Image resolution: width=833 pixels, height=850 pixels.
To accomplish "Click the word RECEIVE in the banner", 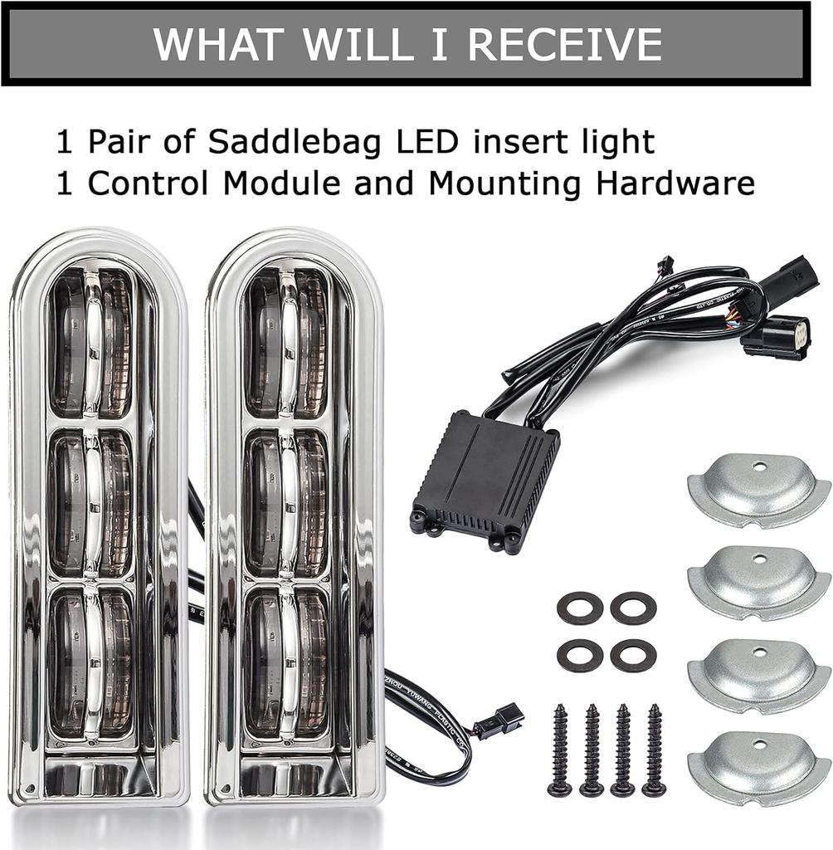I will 565,44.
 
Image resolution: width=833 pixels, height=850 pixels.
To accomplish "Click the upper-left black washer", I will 579,608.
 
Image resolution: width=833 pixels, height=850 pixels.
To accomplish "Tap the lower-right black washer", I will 633,656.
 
